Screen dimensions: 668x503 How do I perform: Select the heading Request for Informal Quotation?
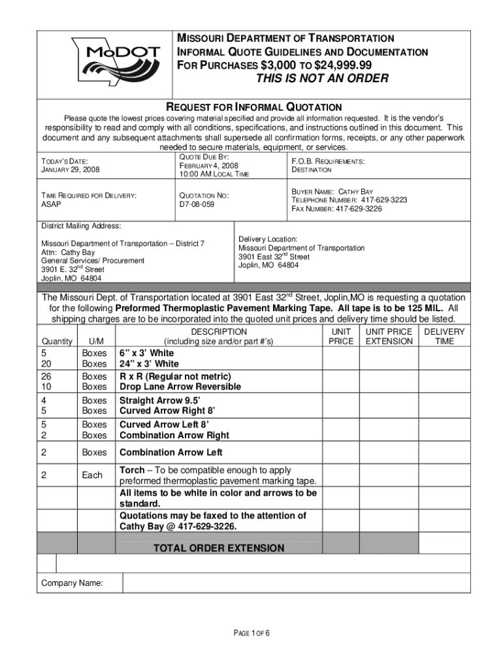pyautogui.click(x=254, y=106)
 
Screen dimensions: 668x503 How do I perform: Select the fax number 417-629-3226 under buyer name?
pyautogui.click(x=359, y=209)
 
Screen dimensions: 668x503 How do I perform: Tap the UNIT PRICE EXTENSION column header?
pyautogui.click(x=389, y=336)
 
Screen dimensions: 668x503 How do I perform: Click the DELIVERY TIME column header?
pyautogui.click(x=444, y=336)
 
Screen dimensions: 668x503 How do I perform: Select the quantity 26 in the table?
pyautogui.click(x=48, y=376)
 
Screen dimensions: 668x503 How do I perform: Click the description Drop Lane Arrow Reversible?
pyautogui.click(x=180, y=386)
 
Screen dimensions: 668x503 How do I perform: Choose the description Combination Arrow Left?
pyautogui.click(x=170, y=452)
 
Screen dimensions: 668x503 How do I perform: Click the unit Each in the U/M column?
pyautogui.click(x=91, y=476)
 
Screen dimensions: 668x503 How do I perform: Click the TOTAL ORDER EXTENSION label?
pyautogui.click(x=218, y=548)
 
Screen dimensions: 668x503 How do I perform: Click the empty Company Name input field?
pyautogui.click(x=296, y=583)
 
